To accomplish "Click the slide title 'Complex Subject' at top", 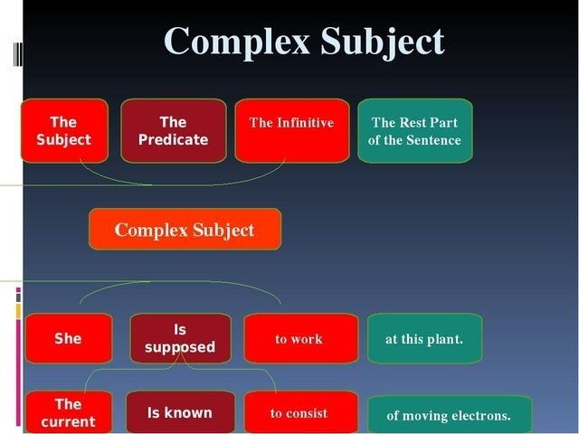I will pyautogui.click(x=304, y=42).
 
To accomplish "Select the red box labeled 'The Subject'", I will pyautogui.click(x=64, y=131).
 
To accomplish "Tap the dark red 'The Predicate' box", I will pyautogui.click(x=173, y=131).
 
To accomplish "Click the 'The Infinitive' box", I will pyautogui.click(x=291, y=131).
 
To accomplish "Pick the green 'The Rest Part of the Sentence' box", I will pyautogui.click(x=414, y=131).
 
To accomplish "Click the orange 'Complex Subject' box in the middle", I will pyautogui.click(x=185, y=230).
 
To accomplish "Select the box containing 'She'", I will pyautogui.click(x=68, y=339).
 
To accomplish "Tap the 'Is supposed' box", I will pyautogui.click(x=180, y=339).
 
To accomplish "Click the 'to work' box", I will pyautogui.click(x=299, y=339).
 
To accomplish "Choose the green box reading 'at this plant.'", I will pyautogui.click(x=424, y=339).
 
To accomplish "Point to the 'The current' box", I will pyautogui.click(x=68, y=413).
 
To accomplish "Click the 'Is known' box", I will pyautogui.click(x=180, y=413).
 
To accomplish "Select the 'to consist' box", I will pyautogui.click(x=299, y=413).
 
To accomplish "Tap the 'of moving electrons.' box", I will pyautogui.click(x=449, y=416).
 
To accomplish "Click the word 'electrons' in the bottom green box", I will pyautogui.click(x=480, y=416).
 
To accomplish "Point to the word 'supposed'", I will pyautogui.click(x=181, y=347).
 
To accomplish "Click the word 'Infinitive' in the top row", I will pyautogui.click(x=305, y=123).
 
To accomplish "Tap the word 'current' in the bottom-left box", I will pyautogui.click(x=68, y=421).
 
